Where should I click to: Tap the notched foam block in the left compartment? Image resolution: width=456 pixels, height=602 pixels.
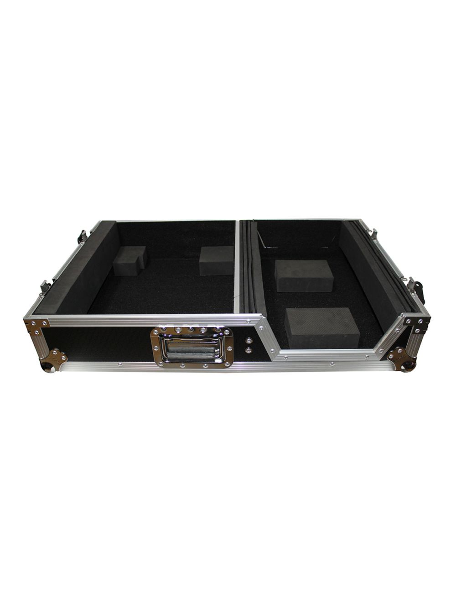click(129, 260)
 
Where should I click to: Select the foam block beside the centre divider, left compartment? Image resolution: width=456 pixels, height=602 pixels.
click(217, 260)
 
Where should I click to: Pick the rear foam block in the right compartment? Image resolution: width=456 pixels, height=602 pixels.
click(304, 275)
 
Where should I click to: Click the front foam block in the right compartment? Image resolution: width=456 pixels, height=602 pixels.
click(322, 327)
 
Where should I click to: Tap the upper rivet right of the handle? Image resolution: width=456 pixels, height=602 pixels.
click(249, 340)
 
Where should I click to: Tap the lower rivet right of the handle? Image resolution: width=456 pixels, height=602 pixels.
click(249, 350)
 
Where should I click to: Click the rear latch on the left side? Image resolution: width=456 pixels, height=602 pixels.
click(83, 236)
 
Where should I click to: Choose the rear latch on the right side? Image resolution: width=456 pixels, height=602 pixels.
click(373, 234)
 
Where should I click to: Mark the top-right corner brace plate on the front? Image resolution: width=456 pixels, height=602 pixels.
click(416, 322)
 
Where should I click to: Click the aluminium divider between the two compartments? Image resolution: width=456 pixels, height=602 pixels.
click(237, 267)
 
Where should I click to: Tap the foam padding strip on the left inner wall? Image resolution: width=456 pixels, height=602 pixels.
click(78, 269)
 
